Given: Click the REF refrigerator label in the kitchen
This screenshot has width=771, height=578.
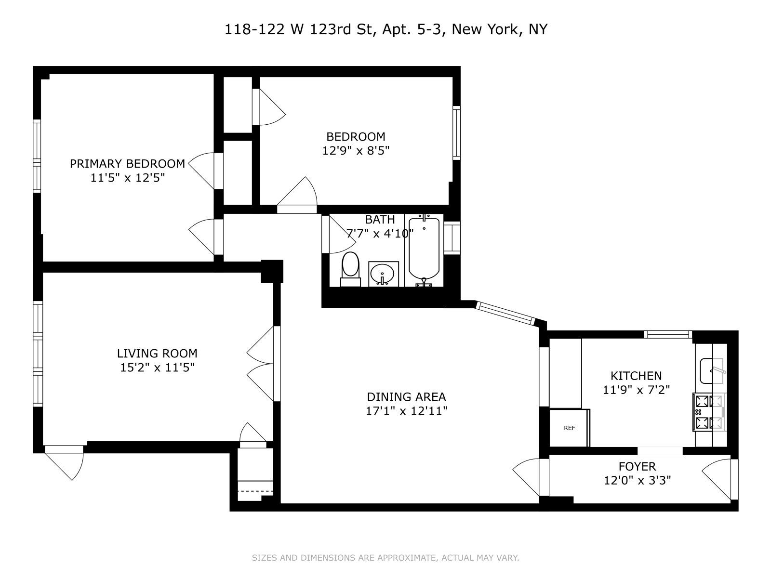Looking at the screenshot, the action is click(570, 428).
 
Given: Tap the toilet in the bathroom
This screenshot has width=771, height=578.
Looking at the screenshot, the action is click(350, 269).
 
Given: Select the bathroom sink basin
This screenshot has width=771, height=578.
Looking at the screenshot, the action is click(383, 274).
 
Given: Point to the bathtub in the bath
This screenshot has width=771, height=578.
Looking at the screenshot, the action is click(424, 250).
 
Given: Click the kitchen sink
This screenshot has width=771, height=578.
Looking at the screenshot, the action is click(712, 371).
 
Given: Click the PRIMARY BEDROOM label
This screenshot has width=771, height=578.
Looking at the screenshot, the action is click(127, 164).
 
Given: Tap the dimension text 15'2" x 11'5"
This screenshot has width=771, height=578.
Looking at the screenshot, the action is click(157, 368).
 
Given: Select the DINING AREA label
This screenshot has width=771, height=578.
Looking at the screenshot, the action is click(406, 397).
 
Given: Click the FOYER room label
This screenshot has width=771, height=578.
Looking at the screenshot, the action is click(637, 466).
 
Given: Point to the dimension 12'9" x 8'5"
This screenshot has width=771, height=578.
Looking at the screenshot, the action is click(356, 151).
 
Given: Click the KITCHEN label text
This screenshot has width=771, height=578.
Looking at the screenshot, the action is click(636, 376).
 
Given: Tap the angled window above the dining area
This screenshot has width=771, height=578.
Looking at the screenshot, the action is click(505, 314).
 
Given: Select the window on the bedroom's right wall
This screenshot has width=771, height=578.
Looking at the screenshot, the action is click(456, 132).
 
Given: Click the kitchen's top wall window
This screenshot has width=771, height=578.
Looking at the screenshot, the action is click(668, 334).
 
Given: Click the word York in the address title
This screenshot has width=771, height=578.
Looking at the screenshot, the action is click(505, 29).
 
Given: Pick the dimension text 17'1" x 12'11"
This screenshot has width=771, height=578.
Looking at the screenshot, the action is click(406, 411).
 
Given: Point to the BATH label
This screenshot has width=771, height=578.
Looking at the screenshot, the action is click(380, 220).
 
